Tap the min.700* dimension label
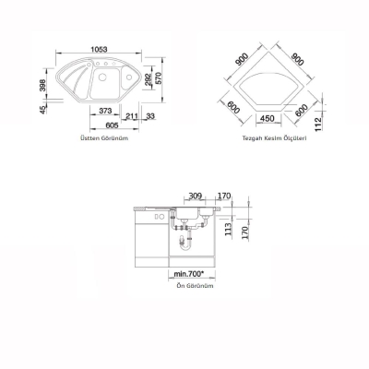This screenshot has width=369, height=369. coord(189,274)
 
